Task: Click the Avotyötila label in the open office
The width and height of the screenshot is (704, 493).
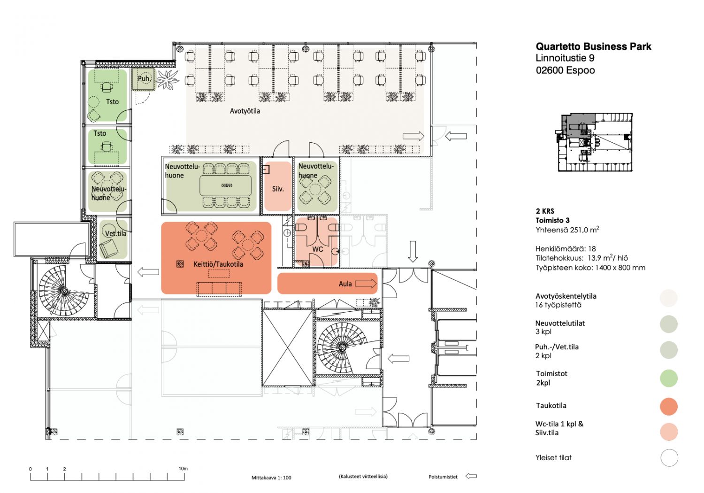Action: pyautogui.click(x=245, y=111)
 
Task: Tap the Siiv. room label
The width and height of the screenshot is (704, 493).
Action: pyautogui.click(x=278, y=189)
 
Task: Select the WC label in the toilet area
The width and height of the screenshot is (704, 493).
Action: pyautogui.click(x=317, y=249)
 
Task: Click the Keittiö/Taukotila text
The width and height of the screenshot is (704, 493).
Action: pyautogui.click(x=218, y=264)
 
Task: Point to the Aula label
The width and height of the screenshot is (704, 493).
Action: pyautogui.click(x=345, y=284)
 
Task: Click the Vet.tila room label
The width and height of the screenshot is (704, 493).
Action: pyautogui.click(x=115, y=234)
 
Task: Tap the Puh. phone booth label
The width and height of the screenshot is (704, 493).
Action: pyautogui.click(x=144, y=78)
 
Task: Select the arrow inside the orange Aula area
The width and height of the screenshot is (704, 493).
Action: pyautogui.click(x=366, y=284)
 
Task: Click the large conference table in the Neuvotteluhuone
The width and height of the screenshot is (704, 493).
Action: pyautogui.click(x=226, y=185)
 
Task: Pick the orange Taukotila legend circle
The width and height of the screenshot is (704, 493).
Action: pyautogui.click(x=668, y=406)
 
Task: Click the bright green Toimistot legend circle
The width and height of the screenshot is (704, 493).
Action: pyautogui.click(x=668, y=378)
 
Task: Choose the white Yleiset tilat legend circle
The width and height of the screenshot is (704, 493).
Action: pyautogui.click(x=669, y=458)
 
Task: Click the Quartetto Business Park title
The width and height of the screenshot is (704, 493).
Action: pyautogui.click(x=593, y=46)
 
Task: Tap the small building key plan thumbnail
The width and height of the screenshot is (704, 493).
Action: pyautogui.click(x=594, y=142)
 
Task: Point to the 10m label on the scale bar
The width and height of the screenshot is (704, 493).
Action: pyautogui.click(x=183, y=469)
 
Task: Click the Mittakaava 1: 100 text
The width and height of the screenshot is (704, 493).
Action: pyautogui.click(x=271, y=478)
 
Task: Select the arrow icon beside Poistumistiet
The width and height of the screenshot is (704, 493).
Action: pyautogui.click(x=471, y=477)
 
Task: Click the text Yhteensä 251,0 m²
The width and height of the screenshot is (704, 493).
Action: pyautogui.click(x=567, y=230)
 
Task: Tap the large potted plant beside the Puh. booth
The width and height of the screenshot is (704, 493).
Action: pyautogui.click(x=167, y=79)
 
